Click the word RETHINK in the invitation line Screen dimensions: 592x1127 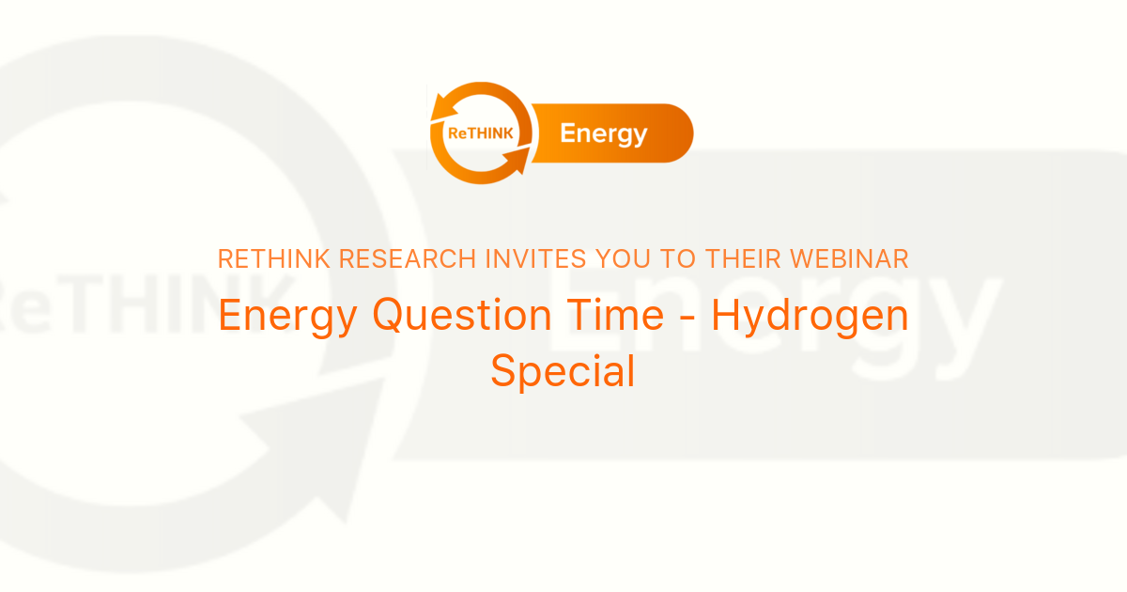click(273, 259)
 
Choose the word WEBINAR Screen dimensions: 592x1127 click(856, 259)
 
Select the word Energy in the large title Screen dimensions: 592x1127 click(287, 317)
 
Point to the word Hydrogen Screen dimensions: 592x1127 click(810, 317)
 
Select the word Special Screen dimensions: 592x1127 click(563, 372)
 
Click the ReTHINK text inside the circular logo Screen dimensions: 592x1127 click(481, 133)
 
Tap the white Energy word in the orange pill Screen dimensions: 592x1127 click(603, 133)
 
